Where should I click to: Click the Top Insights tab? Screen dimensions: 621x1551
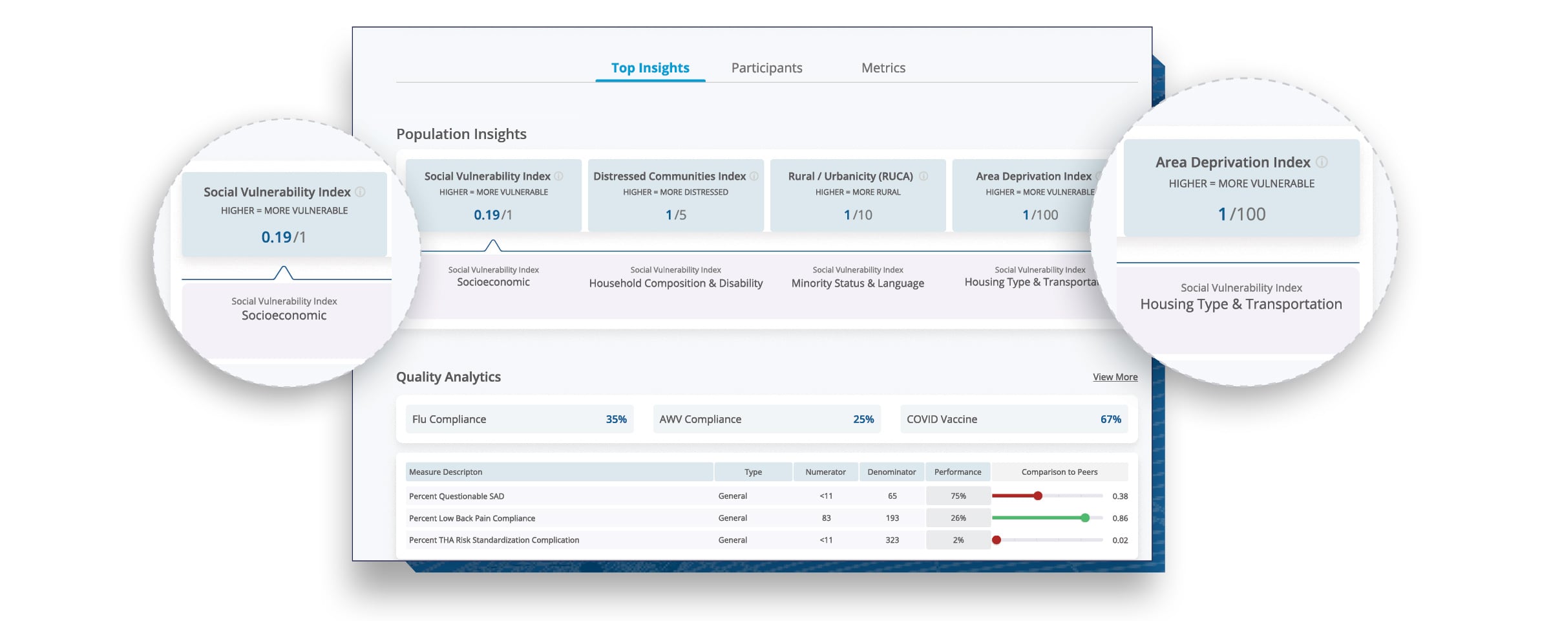pos(650,68)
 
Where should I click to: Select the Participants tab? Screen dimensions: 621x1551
pos(766,68)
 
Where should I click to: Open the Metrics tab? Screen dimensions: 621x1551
pos(883,68)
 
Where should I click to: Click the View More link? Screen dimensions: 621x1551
pos(1115,377)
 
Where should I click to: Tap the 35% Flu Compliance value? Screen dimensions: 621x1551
pos(616,419)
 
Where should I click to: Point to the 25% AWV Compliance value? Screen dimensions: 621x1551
pos(863,419)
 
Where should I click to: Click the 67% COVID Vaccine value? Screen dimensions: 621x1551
pos(1110,419)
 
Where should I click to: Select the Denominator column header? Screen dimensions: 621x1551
pos(891,472)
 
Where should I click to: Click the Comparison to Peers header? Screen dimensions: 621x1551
pos(1059,472)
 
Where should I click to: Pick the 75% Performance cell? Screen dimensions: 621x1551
pos(958,496)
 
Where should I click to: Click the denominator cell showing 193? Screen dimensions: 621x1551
pos(892,518)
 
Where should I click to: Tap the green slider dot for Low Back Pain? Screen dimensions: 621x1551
pos(1085,518)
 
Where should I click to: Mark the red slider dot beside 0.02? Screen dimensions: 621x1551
pos(997,540)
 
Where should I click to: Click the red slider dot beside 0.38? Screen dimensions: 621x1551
pos(1038,496)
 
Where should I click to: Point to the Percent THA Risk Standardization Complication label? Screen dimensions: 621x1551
pos(494,540)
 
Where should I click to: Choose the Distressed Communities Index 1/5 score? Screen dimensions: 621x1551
pos(675,215)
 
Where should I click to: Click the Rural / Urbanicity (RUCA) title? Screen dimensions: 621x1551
pos(850,177)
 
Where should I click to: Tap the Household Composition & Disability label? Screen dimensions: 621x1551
pos(675,283)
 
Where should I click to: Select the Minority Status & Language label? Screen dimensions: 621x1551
pos(858,283)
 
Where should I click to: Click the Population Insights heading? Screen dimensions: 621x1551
pos(461,134)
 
